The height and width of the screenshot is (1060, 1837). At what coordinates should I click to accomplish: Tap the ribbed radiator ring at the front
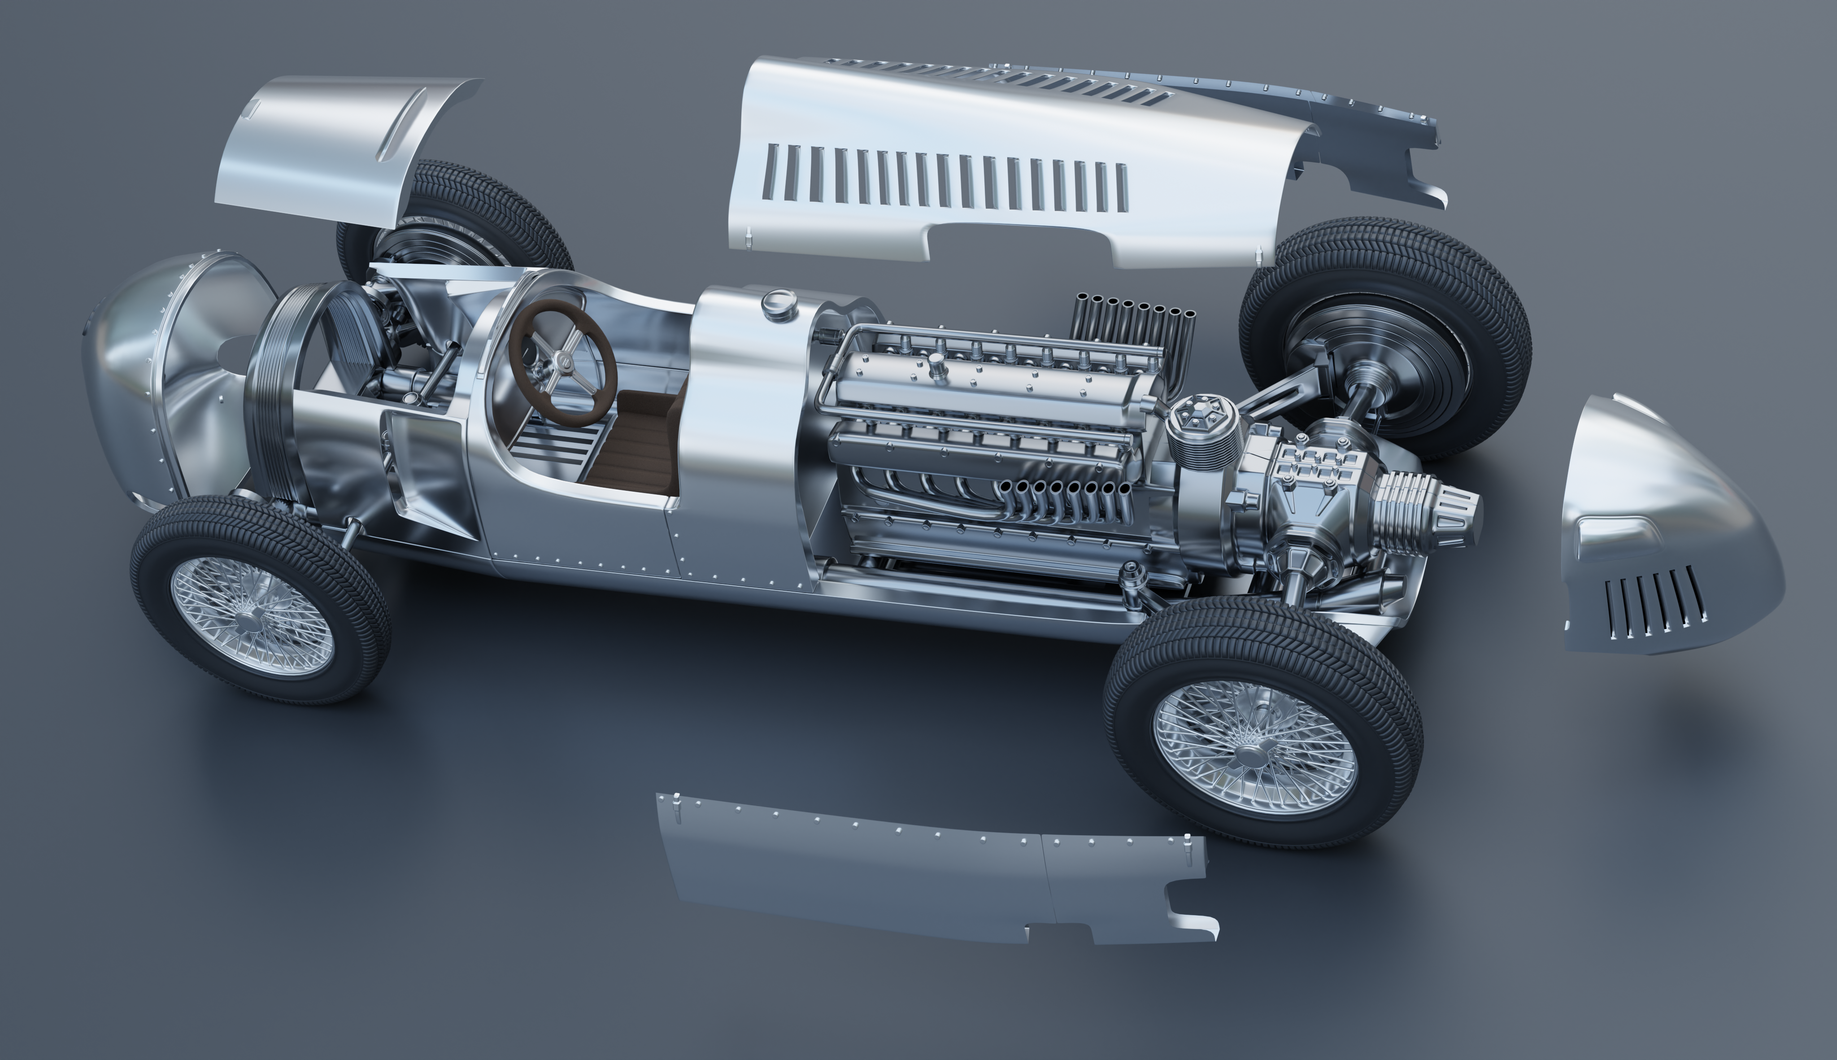click(280, 393)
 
